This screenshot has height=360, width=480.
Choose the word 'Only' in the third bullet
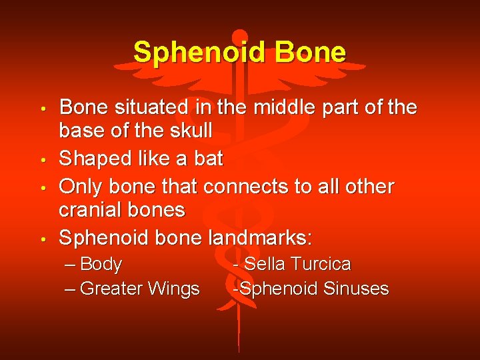tap(79, 186)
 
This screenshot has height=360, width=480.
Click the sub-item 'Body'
tap(101, 265)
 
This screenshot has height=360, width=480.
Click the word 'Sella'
tap(263, 264)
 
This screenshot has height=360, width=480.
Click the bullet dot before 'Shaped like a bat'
tap(42, 160)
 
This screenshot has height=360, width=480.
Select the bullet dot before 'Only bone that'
tap(42, 187)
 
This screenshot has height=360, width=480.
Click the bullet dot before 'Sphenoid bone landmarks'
tap(42, 239)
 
